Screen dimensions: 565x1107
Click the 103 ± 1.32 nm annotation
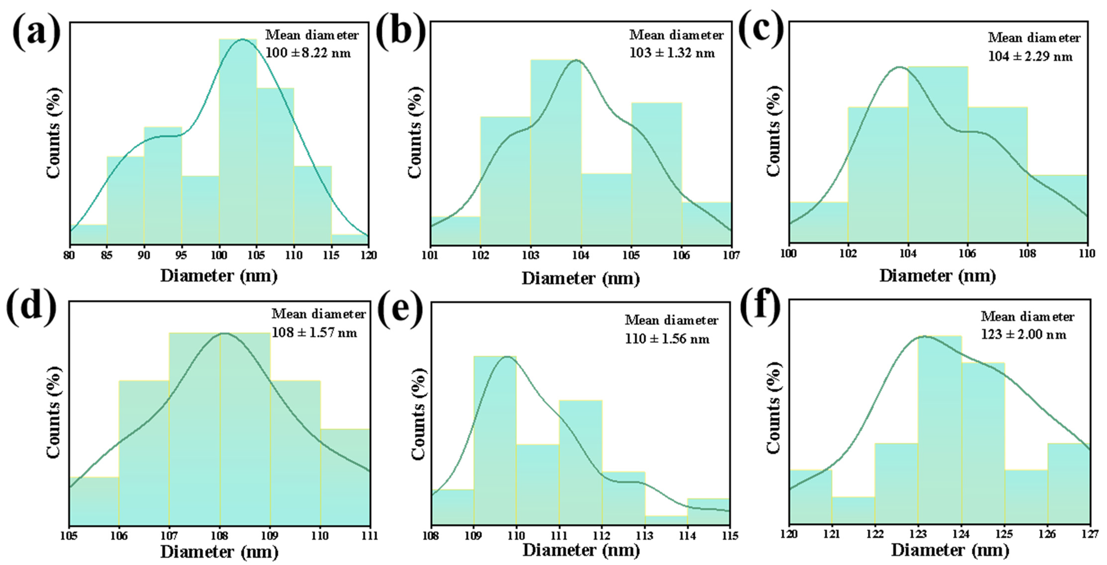pos(672,53)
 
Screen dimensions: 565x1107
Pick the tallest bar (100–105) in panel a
pos(238,142)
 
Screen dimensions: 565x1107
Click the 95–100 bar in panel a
pos(200,210)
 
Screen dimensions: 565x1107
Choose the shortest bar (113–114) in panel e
pos(666,520)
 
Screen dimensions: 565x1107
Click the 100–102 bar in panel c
pos(819,222)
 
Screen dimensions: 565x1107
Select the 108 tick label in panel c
pos(1027,253)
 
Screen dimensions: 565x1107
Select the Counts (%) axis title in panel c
pos(773,131)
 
